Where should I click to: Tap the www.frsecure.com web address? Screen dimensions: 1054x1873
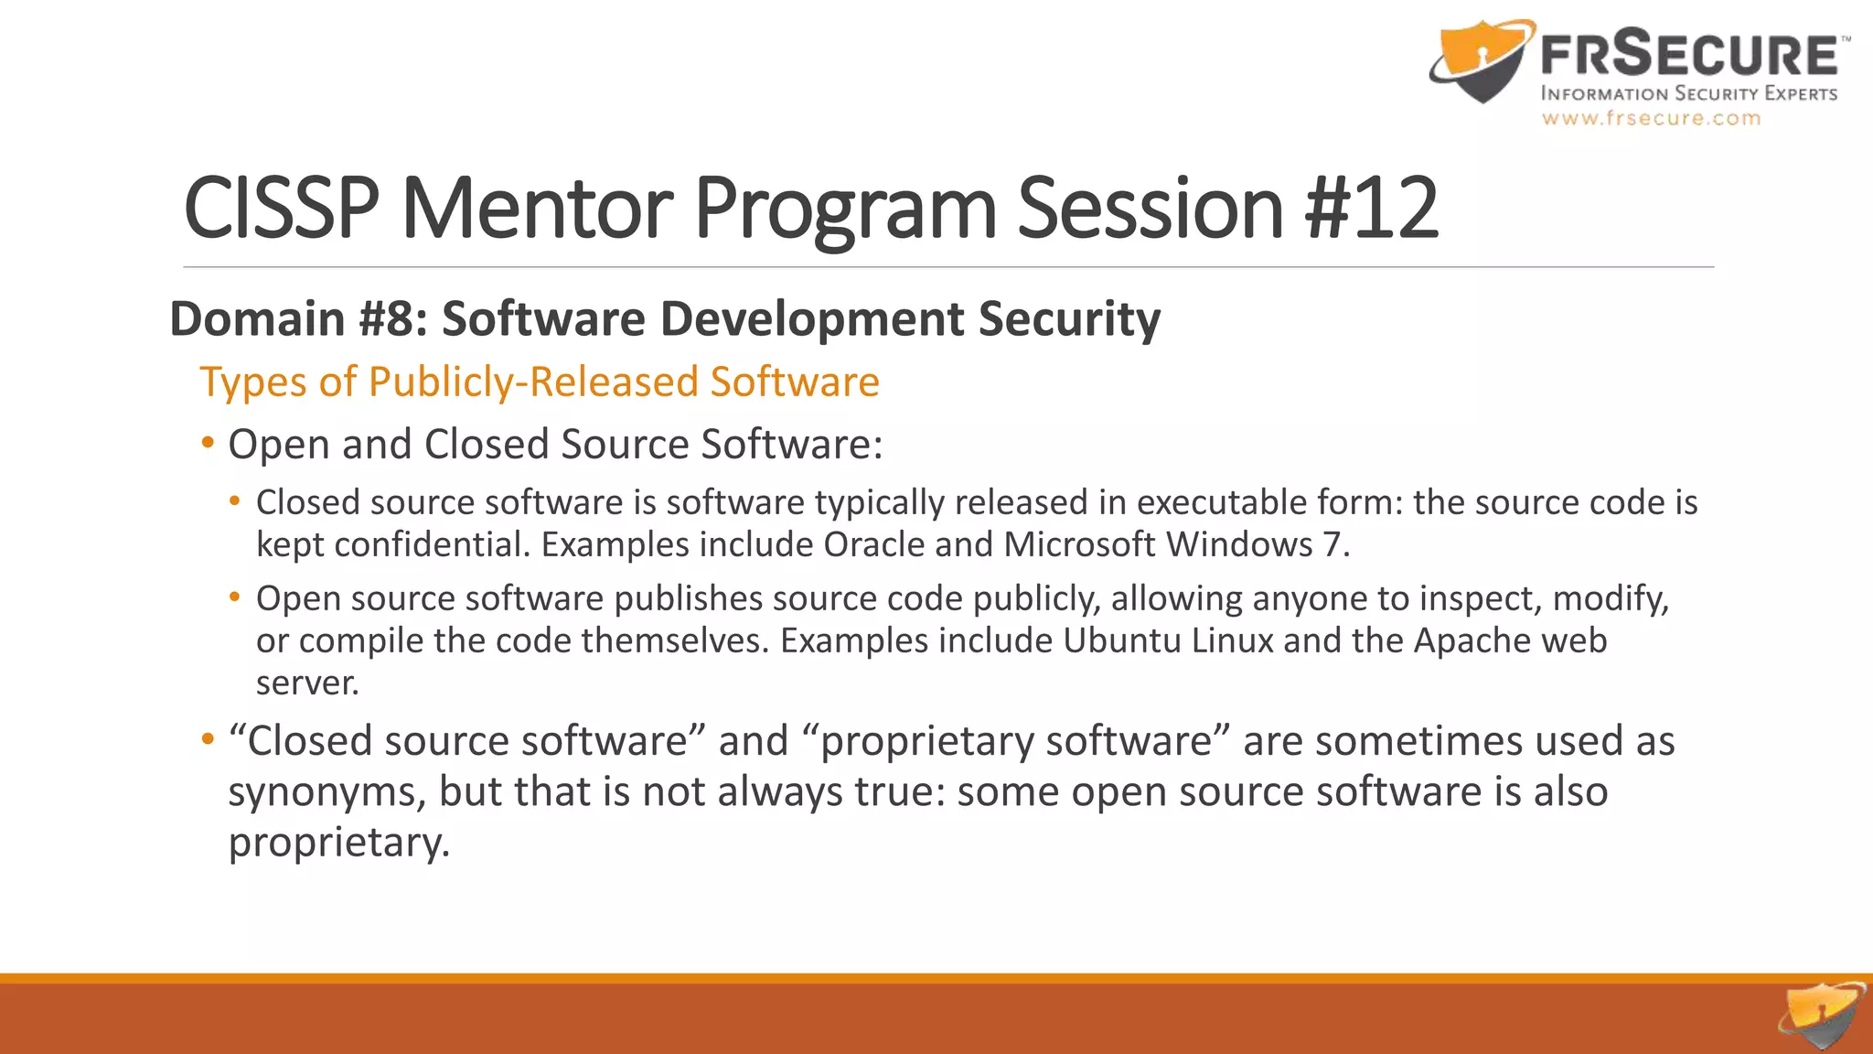point(1651,118)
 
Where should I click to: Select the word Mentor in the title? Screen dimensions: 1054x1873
point(537,209)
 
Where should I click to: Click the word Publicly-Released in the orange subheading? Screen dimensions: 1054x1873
point(533,382)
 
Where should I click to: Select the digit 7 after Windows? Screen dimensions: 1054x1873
point(1332,545)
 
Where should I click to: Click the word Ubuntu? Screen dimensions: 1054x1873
point(1121,640)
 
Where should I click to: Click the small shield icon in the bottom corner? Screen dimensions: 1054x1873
point(1822,1016)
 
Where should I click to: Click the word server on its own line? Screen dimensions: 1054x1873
point(307,683)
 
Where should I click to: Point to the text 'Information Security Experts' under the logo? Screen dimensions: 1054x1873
point(1688,93)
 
